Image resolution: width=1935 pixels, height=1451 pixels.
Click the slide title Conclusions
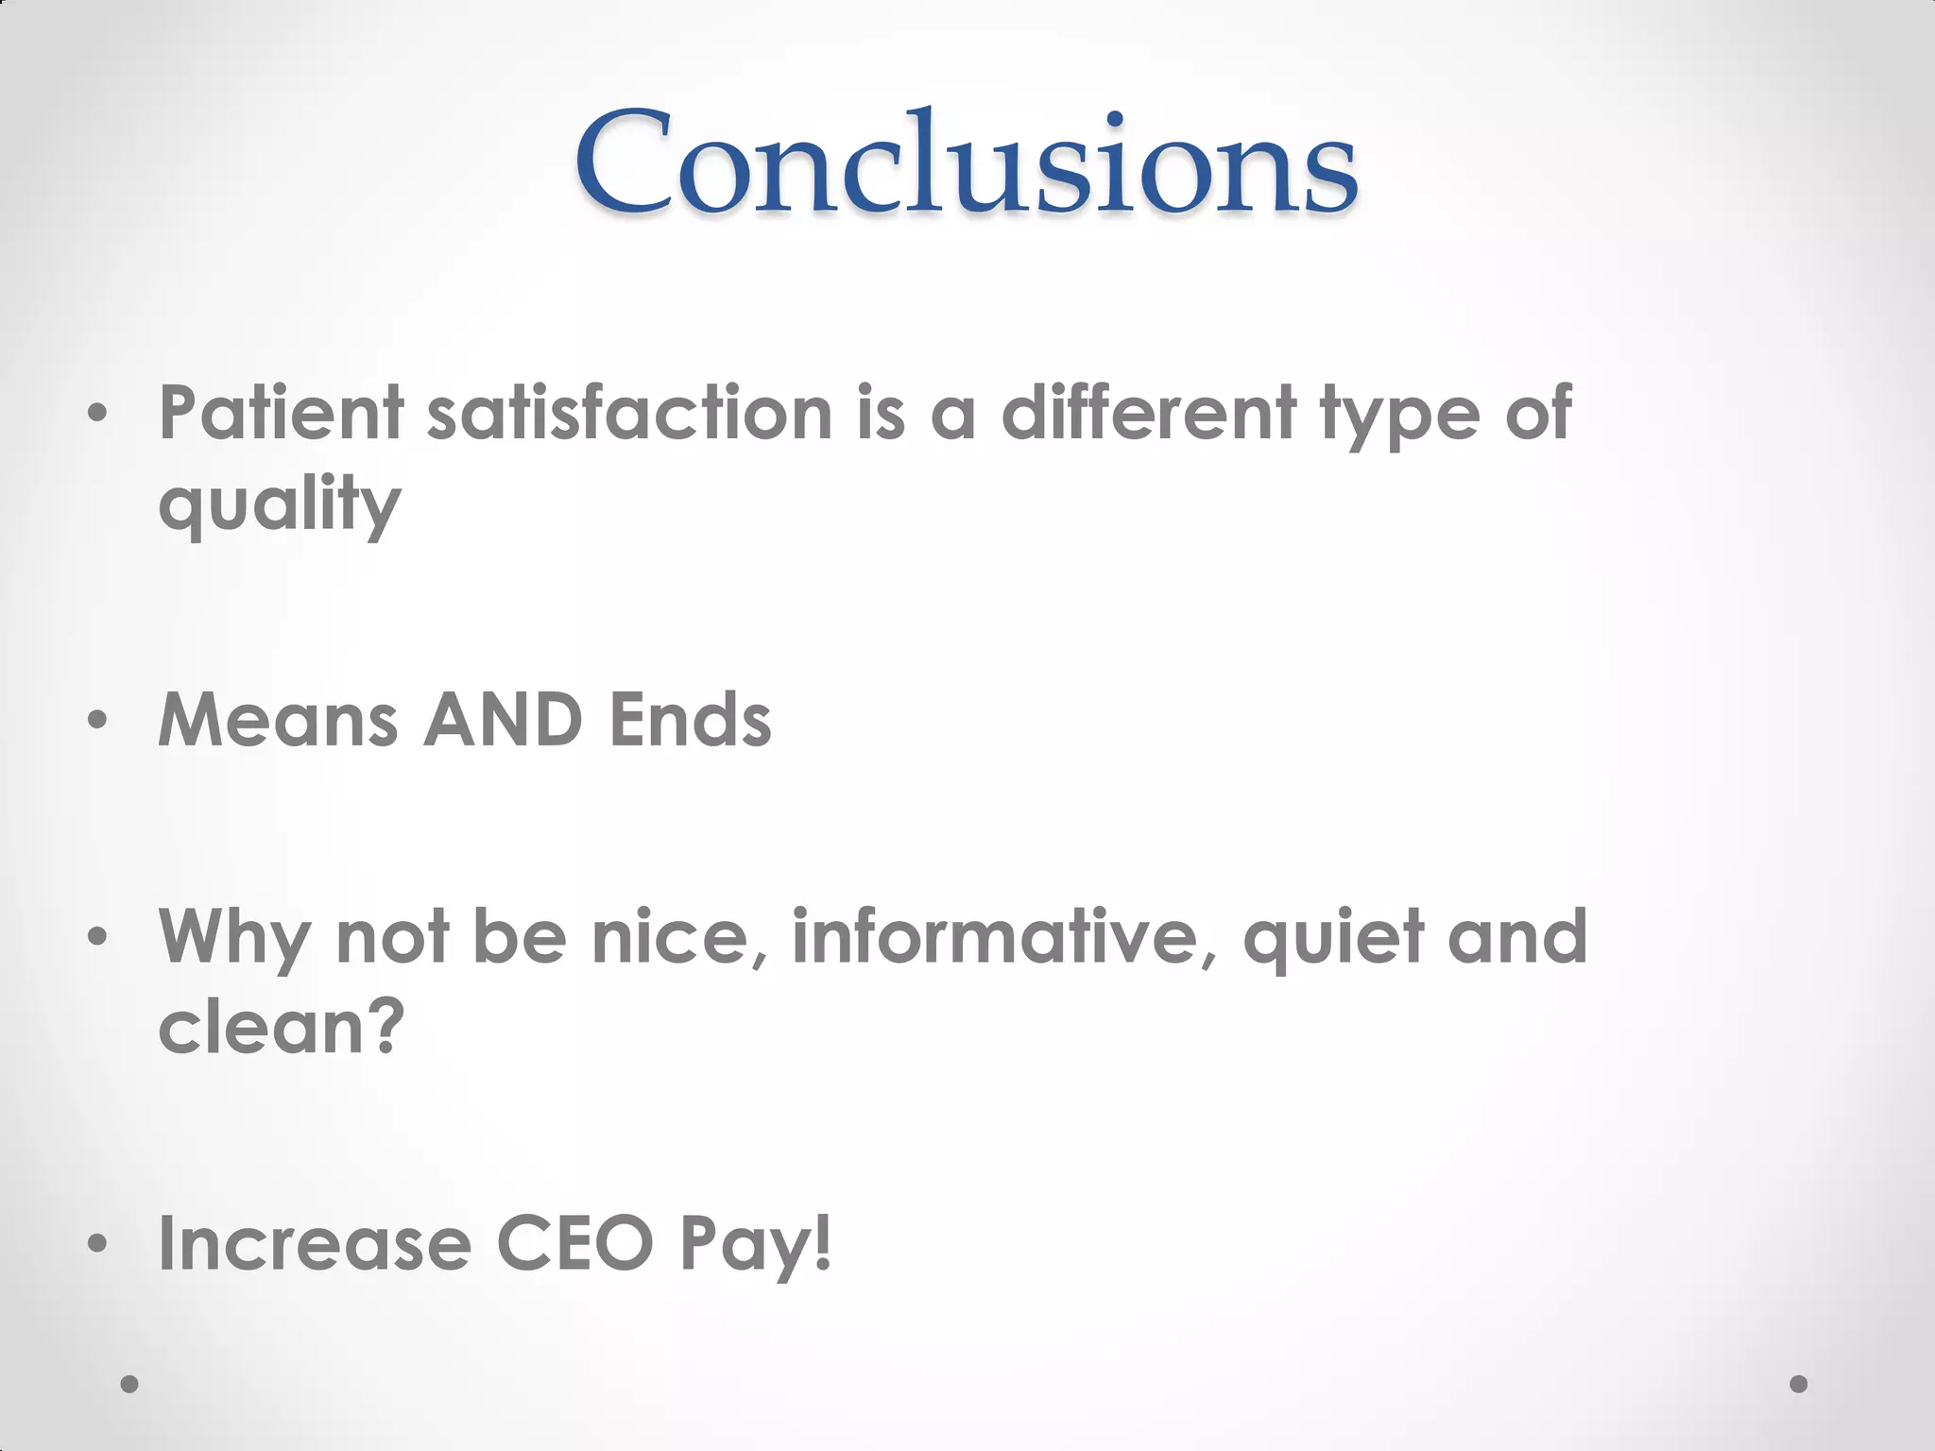click(966, 162)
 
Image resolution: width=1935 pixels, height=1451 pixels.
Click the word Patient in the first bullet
click(282, 414)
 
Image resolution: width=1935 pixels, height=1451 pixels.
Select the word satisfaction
click(629, 414)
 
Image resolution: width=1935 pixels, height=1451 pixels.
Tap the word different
click(1148, 414)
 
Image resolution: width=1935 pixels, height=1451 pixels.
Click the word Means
click(278, 722)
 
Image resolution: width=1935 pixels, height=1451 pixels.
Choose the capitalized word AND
click(503, 722)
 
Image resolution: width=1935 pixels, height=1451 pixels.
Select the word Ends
click(690, 722)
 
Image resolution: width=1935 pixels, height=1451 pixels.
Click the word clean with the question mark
click(282, 1028)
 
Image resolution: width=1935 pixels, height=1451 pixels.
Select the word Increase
click(314, 1245)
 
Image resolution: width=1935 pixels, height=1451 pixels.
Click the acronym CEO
click(574, 1245)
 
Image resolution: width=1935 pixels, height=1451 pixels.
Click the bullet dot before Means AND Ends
click(96, 722)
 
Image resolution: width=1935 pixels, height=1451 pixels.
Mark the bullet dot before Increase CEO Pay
click(96, 1245)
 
